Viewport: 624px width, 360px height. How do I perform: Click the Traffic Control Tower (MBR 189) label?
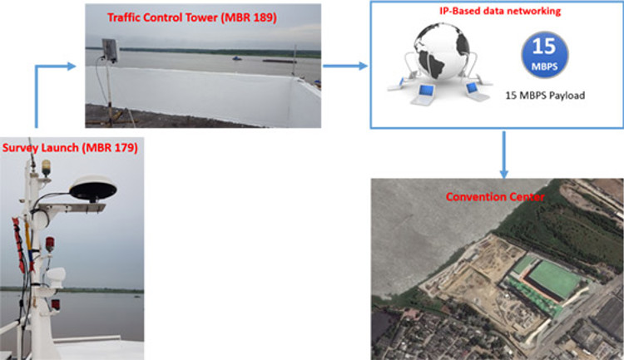pos(192,18)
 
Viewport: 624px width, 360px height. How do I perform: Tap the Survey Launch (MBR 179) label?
pos(70,148)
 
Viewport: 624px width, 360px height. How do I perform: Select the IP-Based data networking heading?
pos(500,11)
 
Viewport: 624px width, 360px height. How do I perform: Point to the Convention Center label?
pos(495,197)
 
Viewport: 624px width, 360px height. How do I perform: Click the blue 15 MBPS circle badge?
pos(544,55)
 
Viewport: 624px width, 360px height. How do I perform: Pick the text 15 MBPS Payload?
pos(545,96)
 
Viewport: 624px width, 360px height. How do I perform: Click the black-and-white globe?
pos(441,51)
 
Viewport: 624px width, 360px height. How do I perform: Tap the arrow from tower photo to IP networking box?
pos(345,66)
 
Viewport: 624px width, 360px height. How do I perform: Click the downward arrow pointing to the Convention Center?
pos(504,155)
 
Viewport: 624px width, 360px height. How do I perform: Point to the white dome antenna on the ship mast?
pos(92,189)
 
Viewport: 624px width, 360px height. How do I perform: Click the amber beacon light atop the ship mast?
pos(47,167)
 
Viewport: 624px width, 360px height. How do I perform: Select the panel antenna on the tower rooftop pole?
pos(110,50)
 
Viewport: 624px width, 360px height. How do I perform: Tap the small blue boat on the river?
pos(237,59)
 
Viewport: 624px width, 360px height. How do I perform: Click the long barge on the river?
pos(280,61)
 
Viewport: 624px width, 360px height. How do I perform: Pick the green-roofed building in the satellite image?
pos(551,279)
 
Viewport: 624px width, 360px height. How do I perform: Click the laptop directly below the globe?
pos(423,95)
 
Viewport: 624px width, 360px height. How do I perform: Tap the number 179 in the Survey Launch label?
pos(122,148)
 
